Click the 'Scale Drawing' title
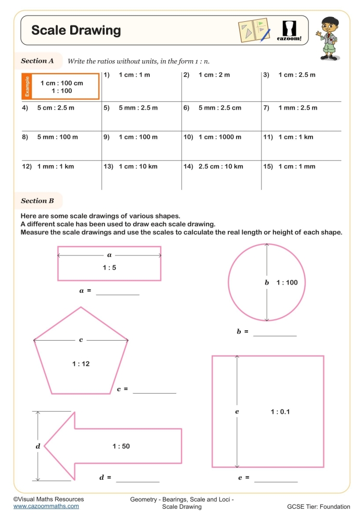[x=76, y=30]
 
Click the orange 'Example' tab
[x=28, y=86]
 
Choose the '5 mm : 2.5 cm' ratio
[x=220, y=108]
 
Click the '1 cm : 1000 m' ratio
[x=220, y=137]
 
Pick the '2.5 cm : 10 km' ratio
[x=220, y=167]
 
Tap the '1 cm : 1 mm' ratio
[x=296, y=167]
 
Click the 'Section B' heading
[x=37, y=200]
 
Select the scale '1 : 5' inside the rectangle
[x=109, y=268]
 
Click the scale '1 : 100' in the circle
[x=287, y=282]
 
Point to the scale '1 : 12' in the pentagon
[x=81, y=364]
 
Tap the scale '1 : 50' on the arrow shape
[x=121, y=446]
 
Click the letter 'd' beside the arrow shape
[x=37, y=446]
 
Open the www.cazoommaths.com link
[x=46, y=506]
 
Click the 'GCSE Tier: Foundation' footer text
[x=318, y=506]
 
